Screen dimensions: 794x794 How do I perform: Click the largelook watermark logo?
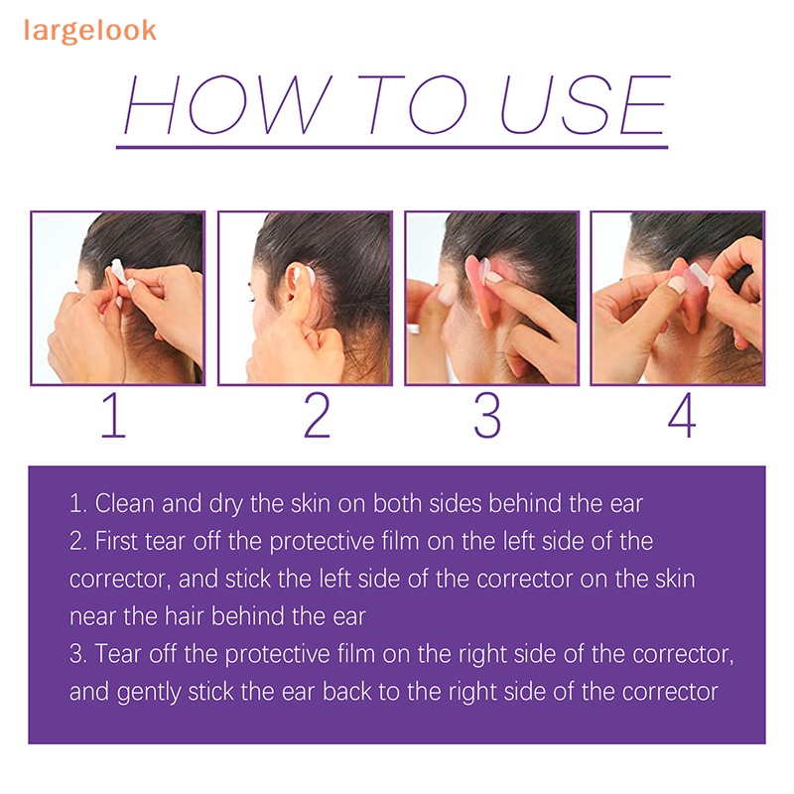(x=89, y=31)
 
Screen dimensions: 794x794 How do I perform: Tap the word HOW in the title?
(x=227, y=104)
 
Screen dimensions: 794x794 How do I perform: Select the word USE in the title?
(x=586, y=104)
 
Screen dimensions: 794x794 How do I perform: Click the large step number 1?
(x=113, y=415)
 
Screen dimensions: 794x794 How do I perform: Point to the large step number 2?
(x=317, y=415)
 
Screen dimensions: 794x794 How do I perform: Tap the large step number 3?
(x=487, y=415)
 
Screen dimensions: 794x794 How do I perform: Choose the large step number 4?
(x=682, y=415)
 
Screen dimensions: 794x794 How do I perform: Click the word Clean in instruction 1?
(x=125, y=503)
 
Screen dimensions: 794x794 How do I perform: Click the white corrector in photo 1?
(x=119, y=271)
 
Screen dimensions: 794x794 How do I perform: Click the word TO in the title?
(x=413, y=104)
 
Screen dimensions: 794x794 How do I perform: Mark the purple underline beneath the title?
(x=392, y=147)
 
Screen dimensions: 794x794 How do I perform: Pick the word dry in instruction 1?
(x=226, y=504)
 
